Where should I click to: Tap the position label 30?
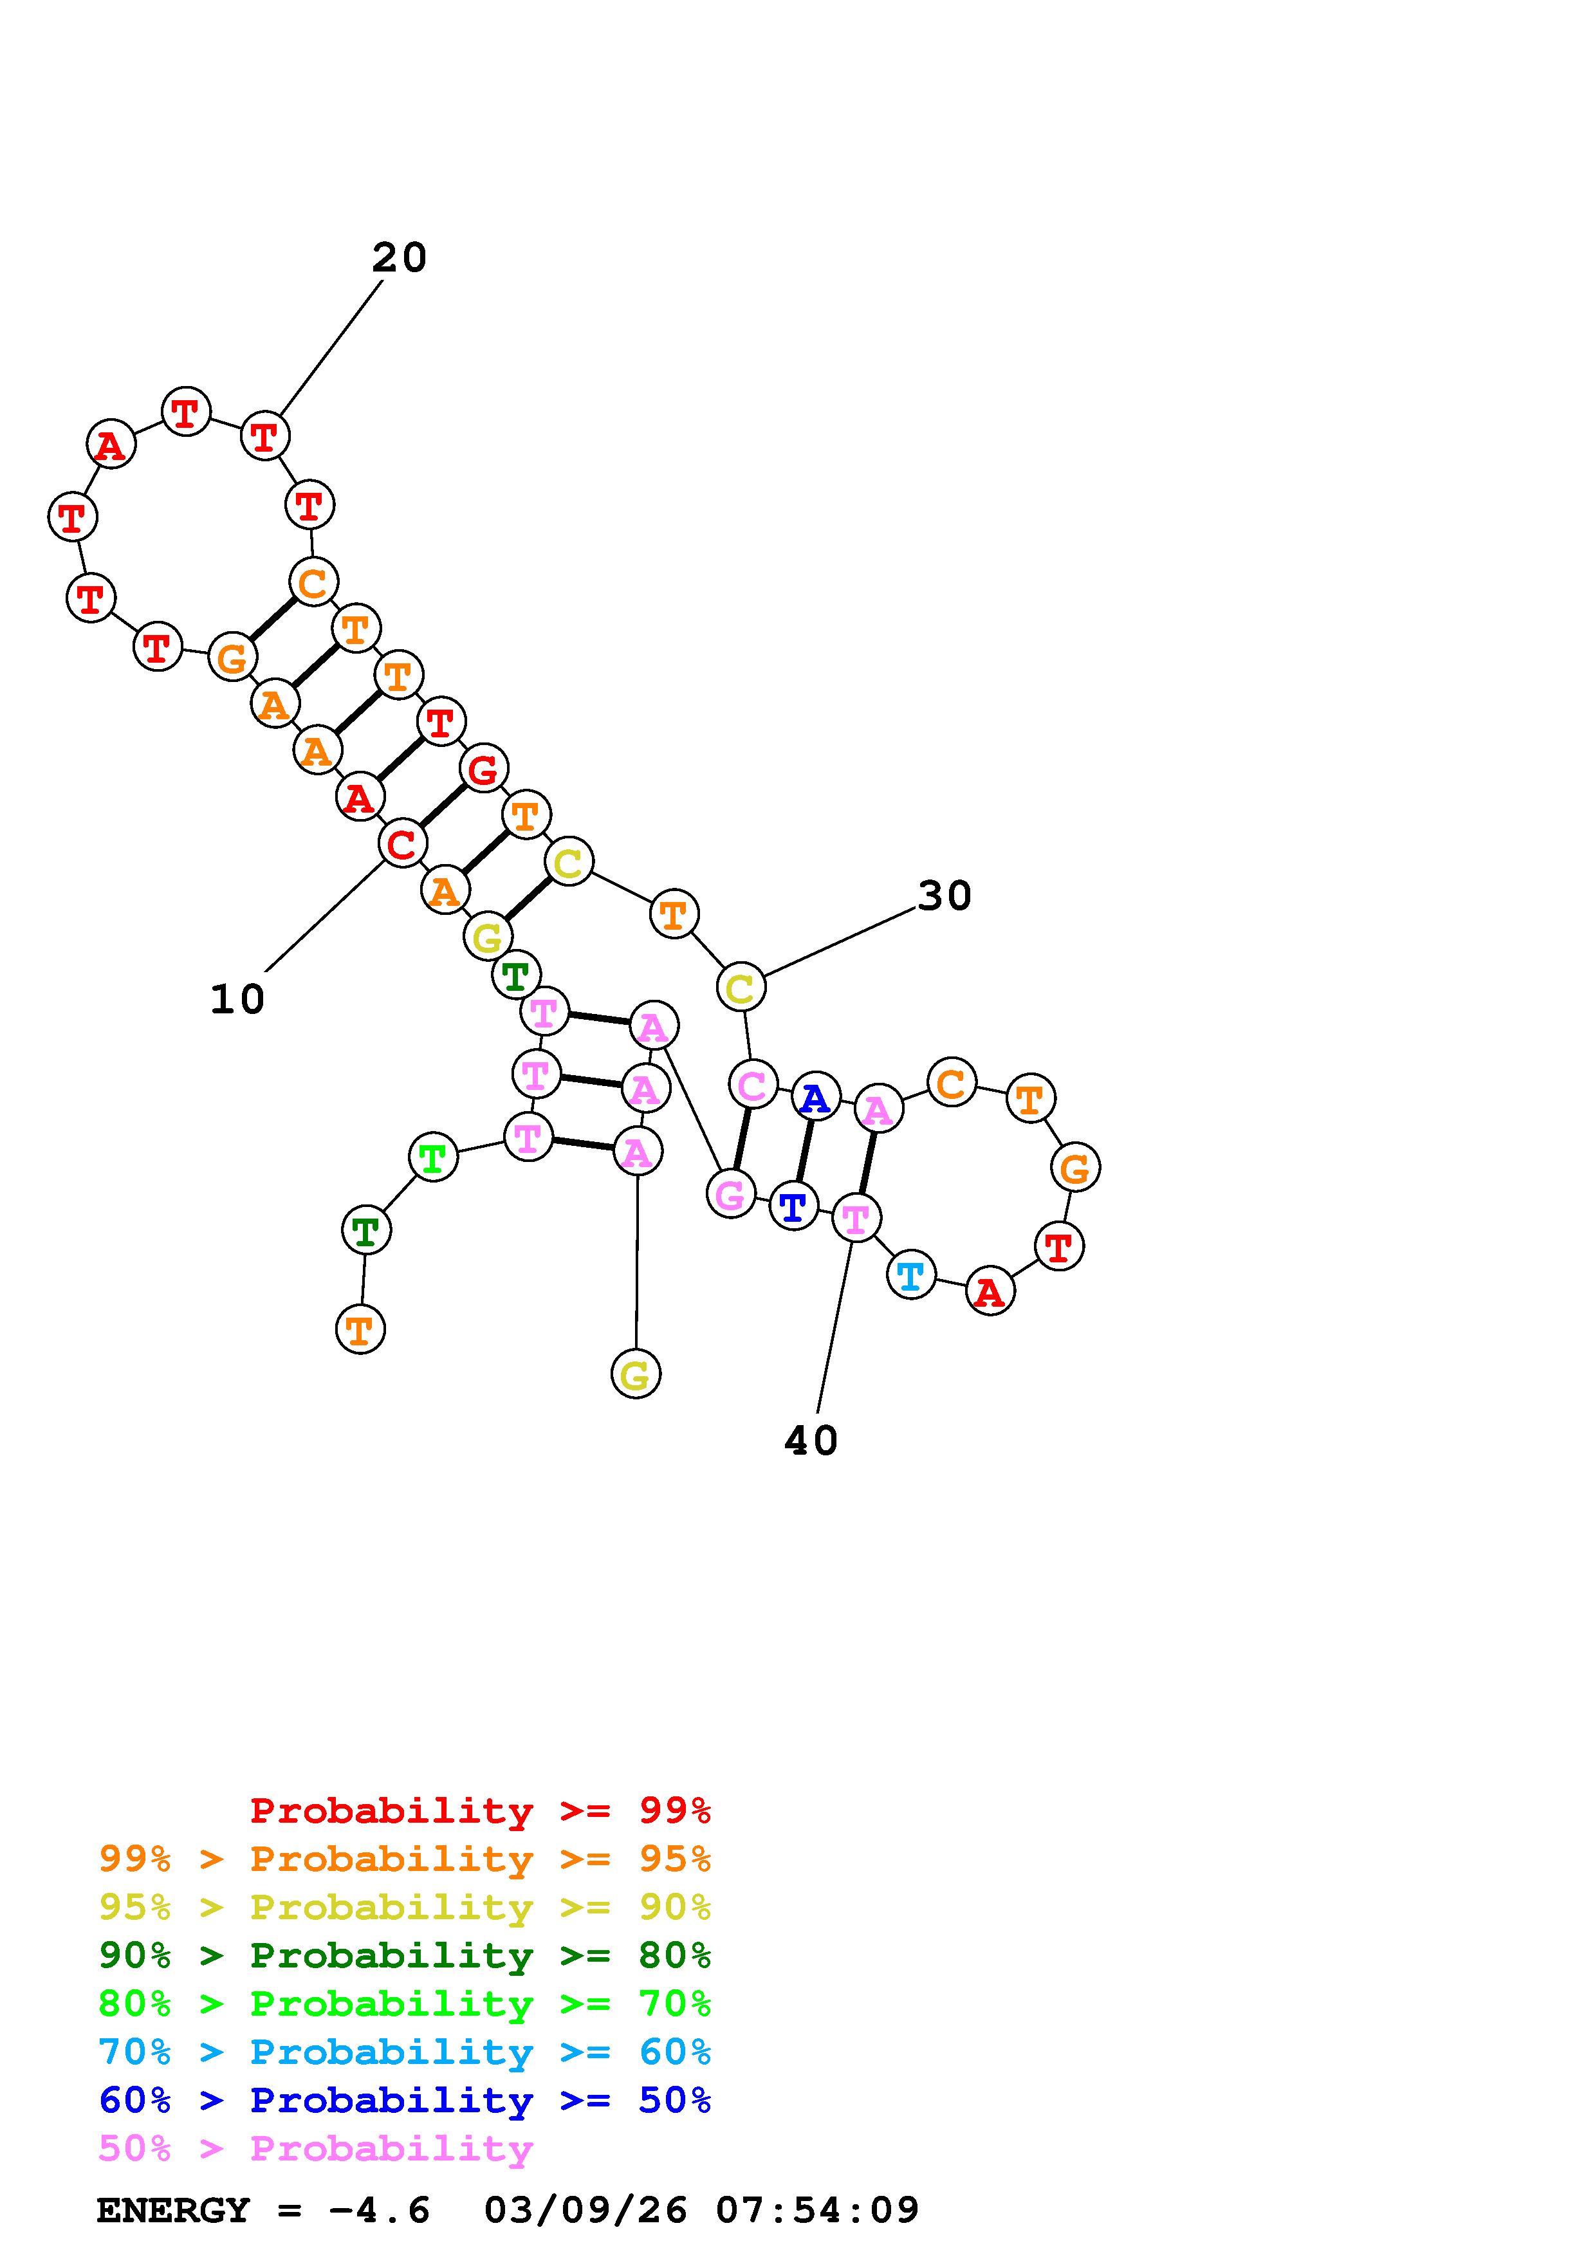[945, 896]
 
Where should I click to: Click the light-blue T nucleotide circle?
[911, 1275]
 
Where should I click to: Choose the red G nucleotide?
[483, 769]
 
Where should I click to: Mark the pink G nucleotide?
[730, 1193]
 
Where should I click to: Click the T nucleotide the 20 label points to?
[264, 436]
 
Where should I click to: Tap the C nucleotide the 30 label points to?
[741, 987]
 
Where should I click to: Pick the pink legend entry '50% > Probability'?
[315, 2149]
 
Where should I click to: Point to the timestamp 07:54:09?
[818, 2211]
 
